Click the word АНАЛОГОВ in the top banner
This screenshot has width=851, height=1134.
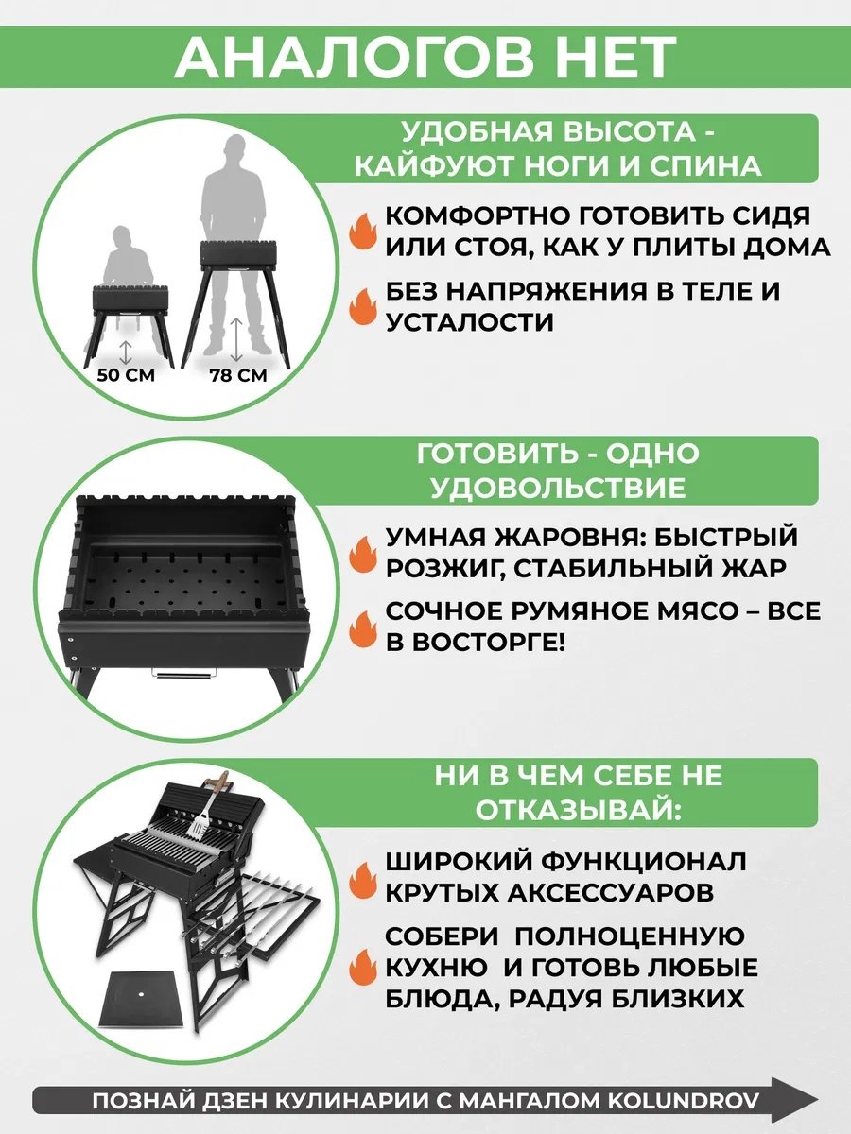[354, 57]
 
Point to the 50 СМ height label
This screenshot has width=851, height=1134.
[126, 375]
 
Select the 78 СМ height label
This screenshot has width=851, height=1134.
[238, 375]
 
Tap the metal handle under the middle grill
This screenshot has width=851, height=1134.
[184, 673]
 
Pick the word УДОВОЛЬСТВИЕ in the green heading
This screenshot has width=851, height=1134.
[558, 488]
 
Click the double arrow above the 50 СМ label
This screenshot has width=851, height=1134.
[126, 352]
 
